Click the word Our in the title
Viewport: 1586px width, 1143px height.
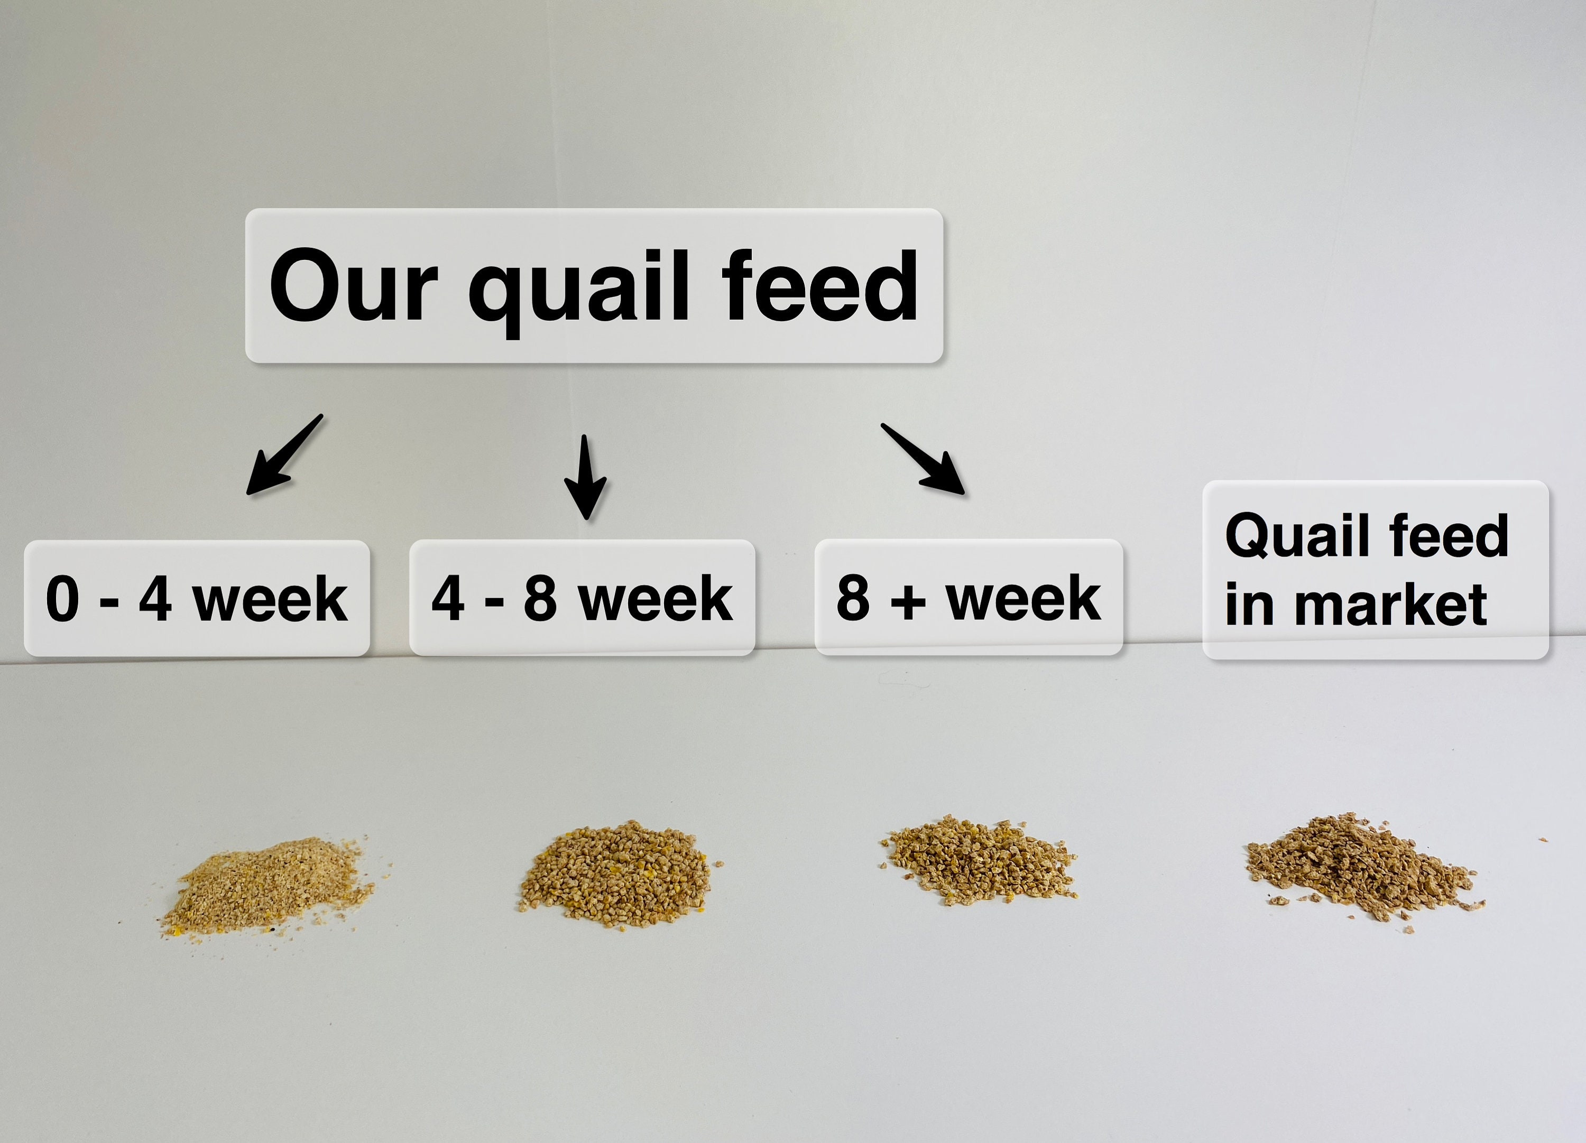click(x=354, y=286)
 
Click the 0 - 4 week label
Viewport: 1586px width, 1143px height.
click(x=197, y=598)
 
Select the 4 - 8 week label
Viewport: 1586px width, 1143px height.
click(x=582, y=598)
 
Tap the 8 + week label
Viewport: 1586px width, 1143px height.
click(x=969, y=598)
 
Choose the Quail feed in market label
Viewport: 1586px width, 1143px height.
click(x=1375, y=570)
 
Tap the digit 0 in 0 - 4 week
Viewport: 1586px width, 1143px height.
click(x=62, y=599)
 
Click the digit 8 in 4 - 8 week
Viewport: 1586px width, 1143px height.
click(x=540, y=599)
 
